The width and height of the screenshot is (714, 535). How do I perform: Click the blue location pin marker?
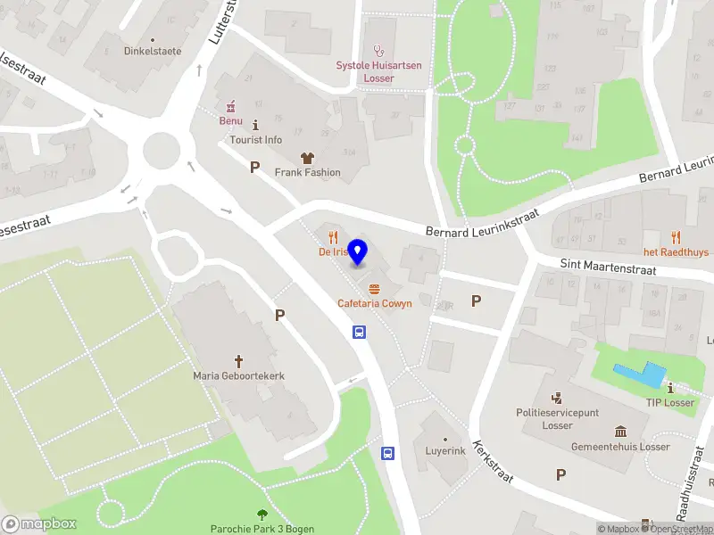358,252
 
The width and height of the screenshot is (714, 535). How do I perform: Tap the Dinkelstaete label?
152,51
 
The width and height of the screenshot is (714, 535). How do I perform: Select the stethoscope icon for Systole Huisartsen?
378,50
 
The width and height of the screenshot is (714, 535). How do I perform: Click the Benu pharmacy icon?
231,105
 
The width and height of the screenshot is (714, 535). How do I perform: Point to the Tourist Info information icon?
256,125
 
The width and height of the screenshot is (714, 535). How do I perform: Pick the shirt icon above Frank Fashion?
307,157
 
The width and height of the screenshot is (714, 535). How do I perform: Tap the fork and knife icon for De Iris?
333,237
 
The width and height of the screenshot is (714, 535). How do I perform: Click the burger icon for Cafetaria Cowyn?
374,288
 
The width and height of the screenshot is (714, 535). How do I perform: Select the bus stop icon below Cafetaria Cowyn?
359,333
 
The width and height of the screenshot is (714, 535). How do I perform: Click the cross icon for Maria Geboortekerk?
238,361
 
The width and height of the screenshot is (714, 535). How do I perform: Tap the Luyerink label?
445,450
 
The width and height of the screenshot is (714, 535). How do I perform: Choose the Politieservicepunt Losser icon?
557,398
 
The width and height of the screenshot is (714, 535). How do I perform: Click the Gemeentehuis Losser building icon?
619,432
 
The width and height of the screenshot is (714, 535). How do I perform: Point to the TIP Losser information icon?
670,388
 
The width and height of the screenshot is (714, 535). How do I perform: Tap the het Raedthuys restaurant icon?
676,237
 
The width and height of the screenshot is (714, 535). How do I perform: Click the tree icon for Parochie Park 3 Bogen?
262,514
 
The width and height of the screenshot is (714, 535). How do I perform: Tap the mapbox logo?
38,524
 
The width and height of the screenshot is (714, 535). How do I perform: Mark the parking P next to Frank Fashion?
254,167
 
